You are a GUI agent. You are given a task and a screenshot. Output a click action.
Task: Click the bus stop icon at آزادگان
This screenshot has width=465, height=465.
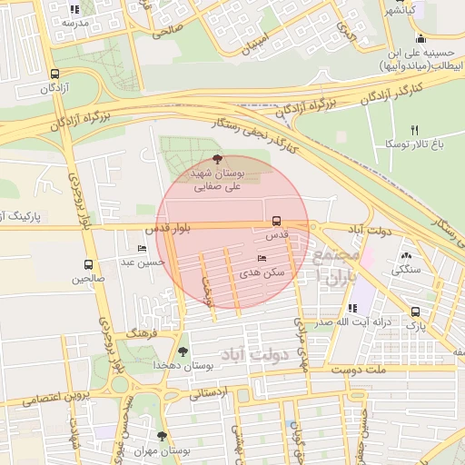tap(55, 74)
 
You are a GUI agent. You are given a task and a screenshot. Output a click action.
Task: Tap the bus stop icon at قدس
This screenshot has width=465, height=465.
tap(277, 220)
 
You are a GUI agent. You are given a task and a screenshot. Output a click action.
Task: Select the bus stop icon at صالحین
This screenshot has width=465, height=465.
tap(88, 265)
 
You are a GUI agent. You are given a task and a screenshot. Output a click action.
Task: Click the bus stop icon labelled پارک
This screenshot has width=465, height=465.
tap(415, 311)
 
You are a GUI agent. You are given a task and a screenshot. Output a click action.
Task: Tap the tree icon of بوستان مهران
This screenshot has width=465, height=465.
tap(163, 436)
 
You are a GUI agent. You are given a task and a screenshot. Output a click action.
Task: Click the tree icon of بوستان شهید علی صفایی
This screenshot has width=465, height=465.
tap(215, 158)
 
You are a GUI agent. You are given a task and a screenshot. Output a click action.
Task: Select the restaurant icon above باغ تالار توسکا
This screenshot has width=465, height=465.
tap(415, 130)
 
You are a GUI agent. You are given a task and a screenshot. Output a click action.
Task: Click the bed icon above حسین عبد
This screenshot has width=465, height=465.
tap(142, 249)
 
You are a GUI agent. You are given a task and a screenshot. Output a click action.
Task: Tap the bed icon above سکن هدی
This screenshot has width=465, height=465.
tap(262, 259)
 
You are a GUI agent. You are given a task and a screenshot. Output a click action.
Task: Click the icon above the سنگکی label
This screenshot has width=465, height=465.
tap(406, 257)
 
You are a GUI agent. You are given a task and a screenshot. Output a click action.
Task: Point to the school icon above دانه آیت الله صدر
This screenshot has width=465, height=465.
tap(352, 308)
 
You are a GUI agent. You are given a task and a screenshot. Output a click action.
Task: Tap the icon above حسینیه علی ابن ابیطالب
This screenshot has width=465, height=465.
tap(420, 38)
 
